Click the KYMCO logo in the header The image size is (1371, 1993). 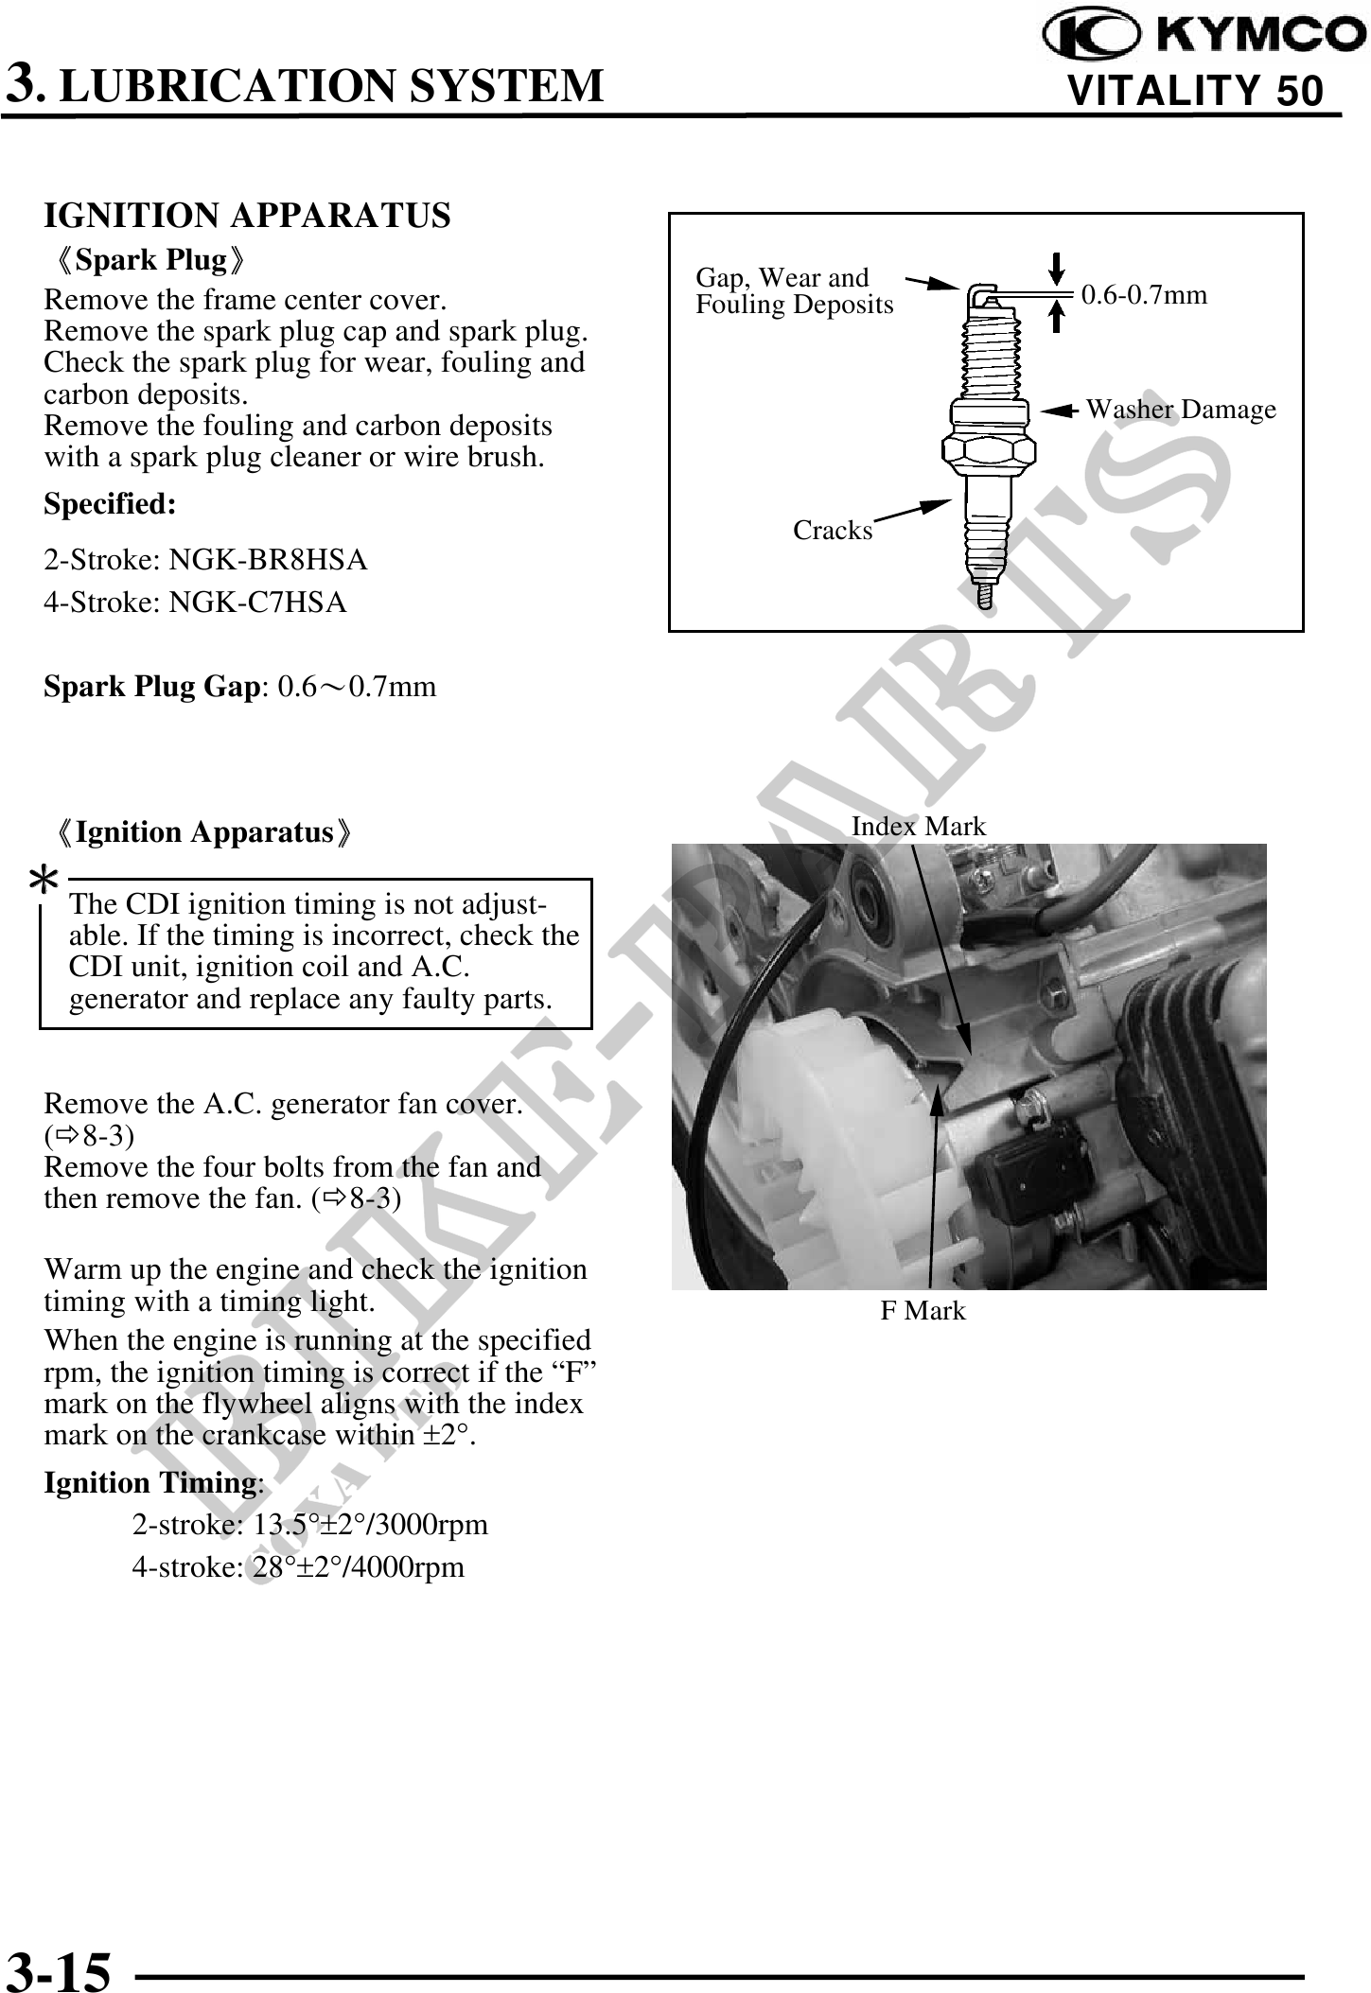point(1202,36)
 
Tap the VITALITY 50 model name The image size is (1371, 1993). point(1194,91)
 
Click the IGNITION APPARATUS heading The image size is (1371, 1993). point(247,216)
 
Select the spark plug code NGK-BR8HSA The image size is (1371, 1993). point(268,560)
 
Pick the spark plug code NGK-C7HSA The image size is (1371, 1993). point(257,603)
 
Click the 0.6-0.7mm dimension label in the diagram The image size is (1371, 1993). point(1144,295)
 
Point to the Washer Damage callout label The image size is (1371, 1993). point(1180,410)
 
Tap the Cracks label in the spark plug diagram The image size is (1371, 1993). point(833,531)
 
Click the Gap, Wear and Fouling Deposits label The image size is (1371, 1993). point(794,291)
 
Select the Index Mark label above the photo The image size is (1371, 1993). point(918,827)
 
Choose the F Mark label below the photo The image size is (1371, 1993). point(923,1311)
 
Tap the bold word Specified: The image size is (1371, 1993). point(110,504)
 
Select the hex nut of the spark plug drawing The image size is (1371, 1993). point(986,453)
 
